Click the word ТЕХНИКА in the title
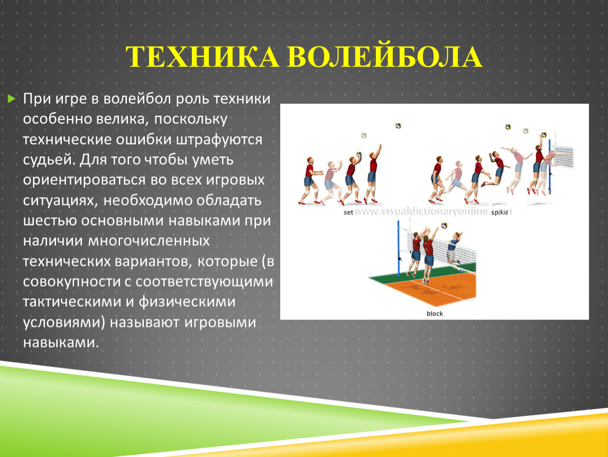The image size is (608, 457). click(x=202, y=57)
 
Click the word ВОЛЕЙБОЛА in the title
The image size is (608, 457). click(x=385, y=57)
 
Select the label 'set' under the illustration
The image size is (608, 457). click(x=348, y=212)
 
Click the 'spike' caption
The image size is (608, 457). click(x=500, y=213)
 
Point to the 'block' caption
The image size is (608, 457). click(x=435, y=314)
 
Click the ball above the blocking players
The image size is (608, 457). click(x=444, y=225)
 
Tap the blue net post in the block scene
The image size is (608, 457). click(x=398, y=248)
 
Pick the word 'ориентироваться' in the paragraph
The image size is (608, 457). click(x=84, y=180)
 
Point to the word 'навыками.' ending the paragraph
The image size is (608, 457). click(x=61, y=342)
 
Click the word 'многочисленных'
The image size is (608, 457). click(x=149, y=241)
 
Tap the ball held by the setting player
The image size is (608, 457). click(x=358, y=155)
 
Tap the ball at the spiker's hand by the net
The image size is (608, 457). click(x=543, y=135)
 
